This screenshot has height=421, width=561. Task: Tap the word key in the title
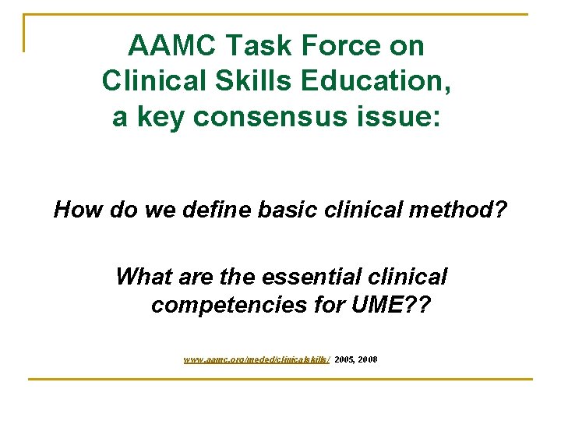pos(161,117)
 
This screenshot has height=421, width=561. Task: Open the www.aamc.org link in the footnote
pos(256,359)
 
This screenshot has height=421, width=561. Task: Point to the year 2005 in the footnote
pos(344,359)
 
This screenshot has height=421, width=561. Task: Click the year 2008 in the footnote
pos(367,359)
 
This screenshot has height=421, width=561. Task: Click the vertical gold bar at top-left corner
pos(25,34)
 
